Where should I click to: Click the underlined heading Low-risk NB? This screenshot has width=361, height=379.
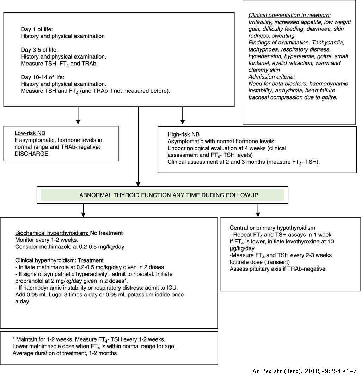[30, 133]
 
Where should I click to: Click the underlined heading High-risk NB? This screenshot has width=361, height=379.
[183, 134]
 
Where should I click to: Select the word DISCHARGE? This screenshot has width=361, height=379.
[31, 154]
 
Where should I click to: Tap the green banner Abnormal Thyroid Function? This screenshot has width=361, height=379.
[162, 195]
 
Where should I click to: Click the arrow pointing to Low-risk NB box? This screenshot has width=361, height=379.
[78, 115]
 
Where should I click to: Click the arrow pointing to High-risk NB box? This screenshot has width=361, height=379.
[183, 115]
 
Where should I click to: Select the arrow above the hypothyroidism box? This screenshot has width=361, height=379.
[258, 210]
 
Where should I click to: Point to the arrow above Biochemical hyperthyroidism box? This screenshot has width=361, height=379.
[83, 210]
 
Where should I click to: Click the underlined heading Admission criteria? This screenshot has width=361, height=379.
[272, 77]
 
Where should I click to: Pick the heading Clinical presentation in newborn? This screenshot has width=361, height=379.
[289, 15]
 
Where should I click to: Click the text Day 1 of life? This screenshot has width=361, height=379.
[37, 29]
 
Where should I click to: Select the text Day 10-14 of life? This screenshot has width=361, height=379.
[43, 77]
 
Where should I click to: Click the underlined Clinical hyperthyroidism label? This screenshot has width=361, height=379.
[45, 260]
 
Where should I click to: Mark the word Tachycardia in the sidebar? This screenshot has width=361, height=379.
[328, 43]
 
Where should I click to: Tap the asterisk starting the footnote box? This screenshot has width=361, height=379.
[14, 339]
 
